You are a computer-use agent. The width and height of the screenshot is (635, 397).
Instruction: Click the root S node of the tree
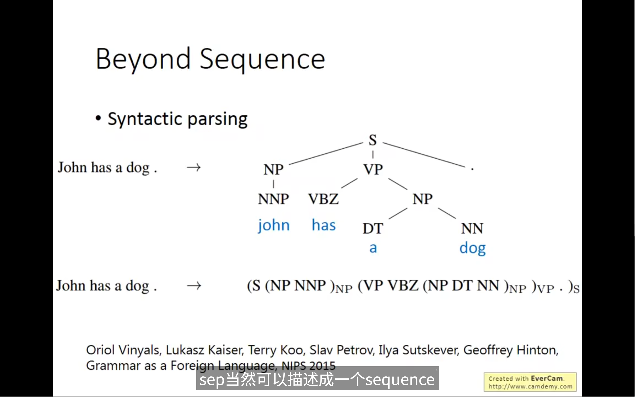point(373,140)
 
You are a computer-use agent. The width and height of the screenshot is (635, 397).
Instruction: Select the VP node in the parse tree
point(373,169)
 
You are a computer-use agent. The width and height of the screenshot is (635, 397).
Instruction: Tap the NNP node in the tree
point(273,199)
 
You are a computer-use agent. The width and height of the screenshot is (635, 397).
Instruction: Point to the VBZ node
point(323,199)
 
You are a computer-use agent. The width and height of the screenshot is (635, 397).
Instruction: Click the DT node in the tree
point(373,228)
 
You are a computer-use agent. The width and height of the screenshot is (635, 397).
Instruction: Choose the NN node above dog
point(472,228)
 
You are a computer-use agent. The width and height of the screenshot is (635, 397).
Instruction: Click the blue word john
point(274,225)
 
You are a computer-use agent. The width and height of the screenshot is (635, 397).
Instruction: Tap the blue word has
point(323,225)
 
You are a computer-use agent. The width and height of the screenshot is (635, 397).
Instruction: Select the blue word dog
point(472,248)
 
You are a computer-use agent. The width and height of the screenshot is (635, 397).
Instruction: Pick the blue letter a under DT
point(373,248)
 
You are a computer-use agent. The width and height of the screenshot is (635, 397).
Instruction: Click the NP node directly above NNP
point(274,169)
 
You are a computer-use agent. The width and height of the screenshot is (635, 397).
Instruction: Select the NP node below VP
point(423,199)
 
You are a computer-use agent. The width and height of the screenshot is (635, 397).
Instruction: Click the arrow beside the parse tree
point(194,167)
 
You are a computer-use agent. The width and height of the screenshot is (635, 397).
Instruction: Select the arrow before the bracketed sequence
point(194,285)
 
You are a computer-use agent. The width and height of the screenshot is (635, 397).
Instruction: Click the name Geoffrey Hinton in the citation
point(511,350)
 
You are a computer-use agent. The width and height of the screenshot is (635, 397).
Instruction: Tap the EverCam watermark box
point(530,382)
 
